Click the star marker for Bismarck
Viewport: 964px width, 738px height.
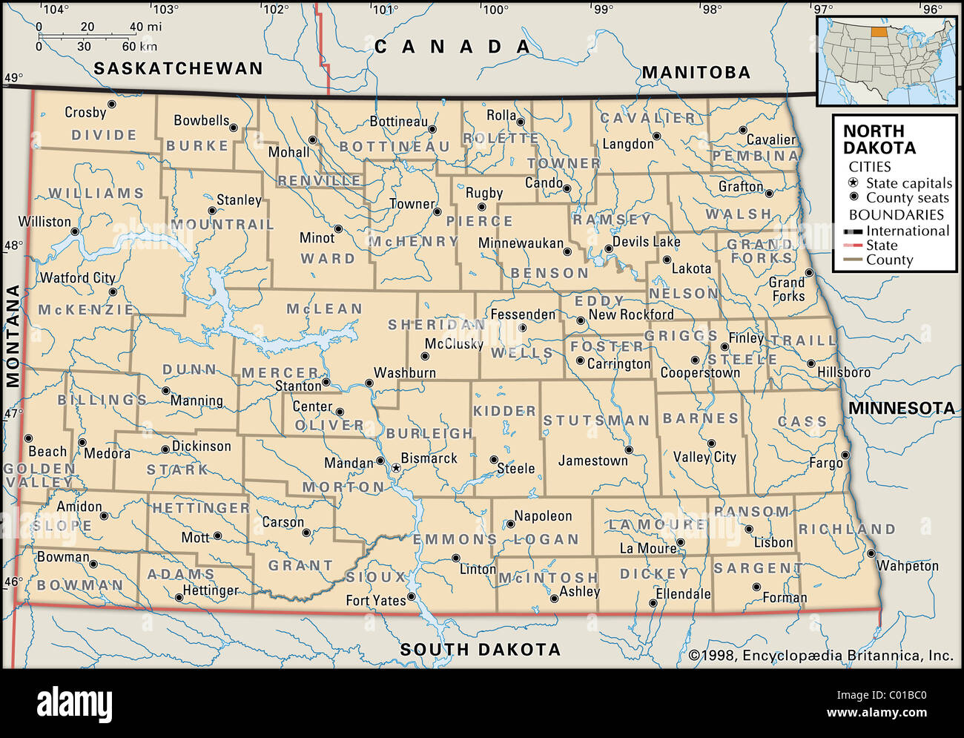point(396,468)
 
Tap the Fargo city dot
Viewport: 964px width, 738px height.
point(845,454)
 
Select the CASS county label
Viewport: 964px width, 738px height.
point(802,422)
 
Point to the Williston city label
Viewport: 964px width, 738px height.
point(44,222)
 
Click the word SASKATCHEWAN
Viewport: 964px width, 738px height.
point(178,68)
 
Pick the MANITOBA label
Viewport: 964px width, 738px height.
point(696,72)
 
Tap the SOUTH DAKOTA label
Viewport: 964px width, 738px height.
point(480,650)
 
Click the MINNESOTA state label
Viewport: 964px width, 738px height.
point(901,408)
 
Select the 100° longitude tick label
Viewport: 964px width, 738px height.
point(495,10)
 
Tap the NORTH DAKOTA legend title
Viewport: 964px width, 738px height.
point(879,139)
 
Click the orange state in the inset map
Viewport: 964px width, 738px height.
point(880,33)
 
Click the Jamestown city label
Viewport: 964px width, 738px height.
point(592,461)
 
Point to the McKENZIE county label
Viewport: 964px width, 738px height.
point(86,310)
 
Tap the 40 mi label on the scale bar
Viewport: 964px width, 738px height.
point(145,27)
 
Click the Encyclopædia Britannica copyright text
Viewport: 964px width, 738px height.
point(821,656)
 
